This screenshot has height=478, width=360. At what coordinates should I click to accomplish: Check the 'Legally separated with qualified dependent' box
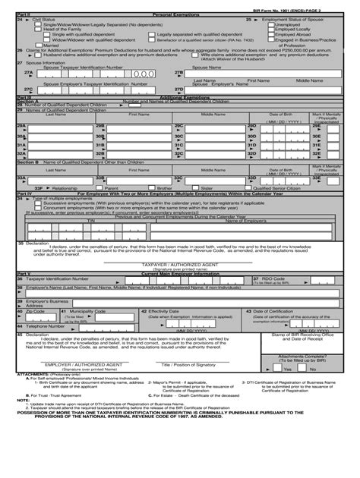(x=153, y=34)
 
